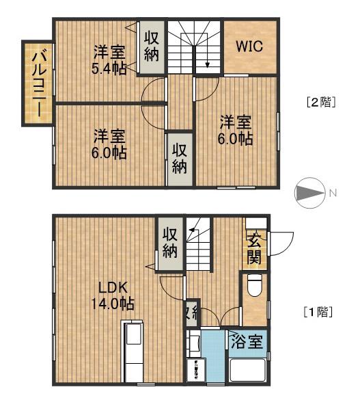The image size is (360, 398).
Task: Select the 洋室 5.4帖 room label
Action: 108,59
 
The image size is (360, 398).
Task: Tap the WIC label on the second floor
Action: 250,47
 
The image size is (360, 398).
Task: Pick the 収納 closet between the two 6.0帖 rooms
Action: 180,158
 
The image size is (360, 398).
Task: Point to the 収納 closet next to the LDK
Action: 170,241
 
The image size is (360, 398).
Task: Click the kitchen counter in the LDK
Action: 132,350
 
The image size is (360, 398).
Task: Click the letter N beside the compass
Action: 333,194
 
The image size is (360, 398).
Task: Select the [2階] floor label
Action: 319,103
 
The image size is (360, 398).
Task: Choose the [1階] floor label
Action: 319,313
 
